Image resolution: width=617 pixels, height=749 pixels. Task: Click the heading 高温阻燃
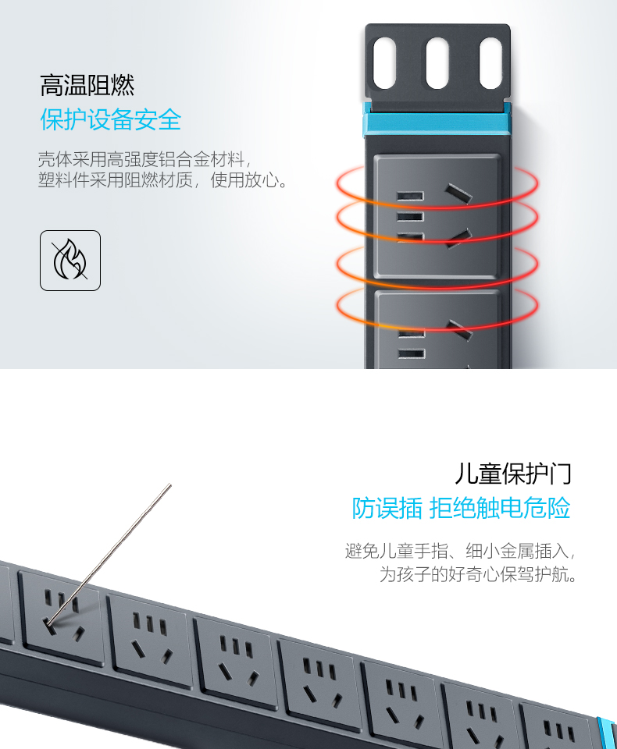tap(87, 85)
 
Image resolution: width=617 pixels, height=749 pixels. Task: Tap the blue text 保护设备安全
tap(110, 119)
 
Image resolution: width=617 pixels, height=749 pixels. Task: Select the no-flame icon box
tap(70, 261)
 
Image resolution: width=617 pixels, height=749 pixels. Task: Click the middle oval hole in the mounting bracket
tap(437, 63)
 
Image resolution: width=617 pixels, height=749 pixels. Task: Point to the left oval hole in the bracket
tap(384, 63)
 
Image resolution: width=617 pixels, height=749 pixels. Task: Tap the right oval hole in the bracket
tap(490, 63)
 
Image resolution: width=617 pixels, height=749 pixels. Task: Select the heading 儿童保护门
tap(512, 474)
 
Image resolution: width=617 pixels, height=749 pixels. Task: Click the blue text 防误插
tap(387, 508)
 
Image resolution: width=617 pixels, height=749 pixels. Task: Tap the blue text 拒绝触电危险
tap(500, 508)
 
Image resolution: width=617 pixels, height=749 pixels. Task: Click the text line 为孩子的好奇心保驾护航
tap(478, 574)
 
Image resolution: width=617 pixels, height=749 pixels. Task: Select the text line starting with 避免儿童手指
tap(460, 552)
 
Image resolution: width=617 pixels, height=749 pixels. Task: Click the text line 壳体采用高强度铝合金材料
tap(144, 159)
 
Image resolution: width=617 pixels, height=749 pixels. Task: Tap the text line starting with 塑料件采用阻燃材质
tap(162, 180)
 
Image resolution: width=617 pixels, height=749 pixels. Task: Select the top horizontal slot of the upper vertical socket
tap(410, 196)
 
